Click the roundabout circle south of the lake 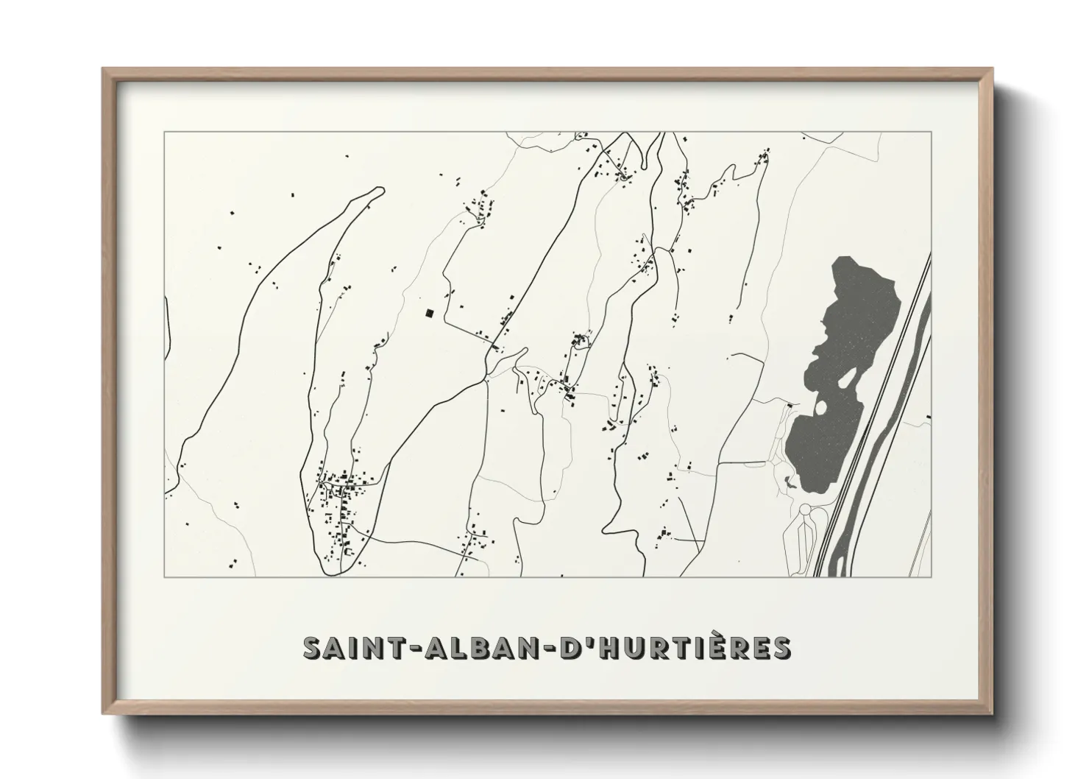point(804,509)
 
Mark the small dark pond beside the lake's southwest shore point(790,482)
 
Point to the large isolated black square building point(429,313)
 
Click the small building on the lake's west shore point(790,405)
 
